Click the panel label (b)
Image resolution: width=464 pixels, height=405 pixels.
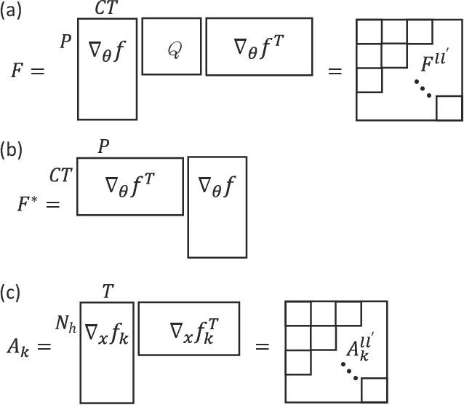tap(11, 152)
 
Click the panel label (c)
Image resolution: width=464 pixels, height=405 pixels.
tap(11, 293)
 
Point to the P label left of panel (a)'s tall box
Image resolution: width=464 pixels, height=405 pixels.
tap(65, 41)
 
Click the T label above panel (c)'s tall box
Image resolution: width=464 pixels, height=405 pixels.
tap(107, 292)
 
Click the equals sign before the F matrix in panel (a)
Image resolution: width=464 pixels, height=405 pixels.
tap(335, 72)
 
